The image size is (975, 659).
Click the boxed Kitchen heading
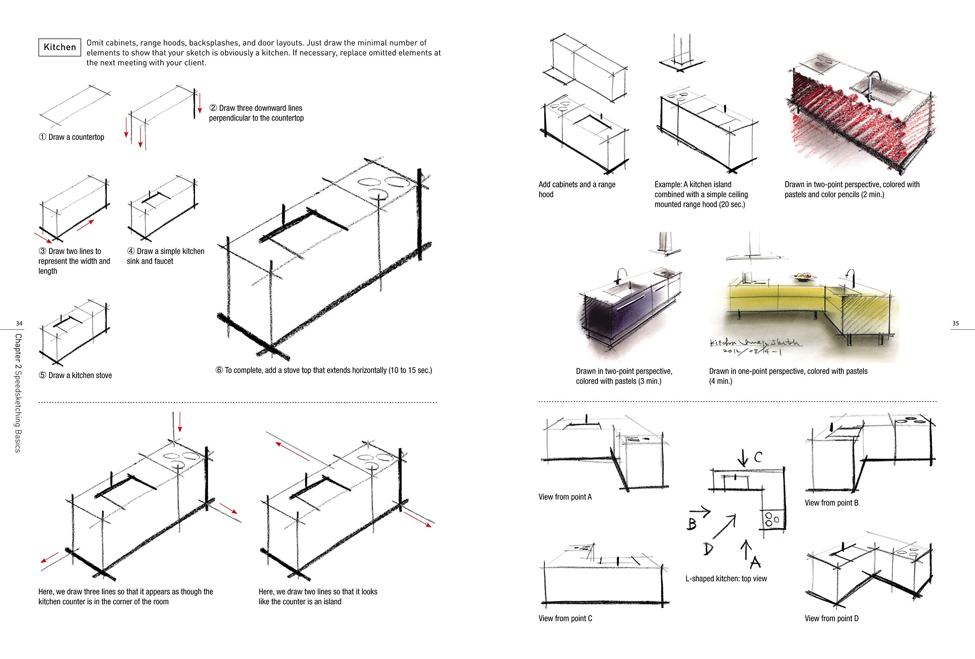pyautogui.click(x=59, y=47)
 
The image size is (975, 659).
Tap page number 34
pyautogui.click(x=19, y=324)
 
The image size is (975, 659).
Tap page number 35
pyautogui.click(x=955, y=324)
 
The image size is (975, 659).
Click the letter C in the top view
pyautogui.click(x=758, y=457)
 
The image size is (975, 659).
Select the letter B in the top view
pyautogui.click(x=692, y=523)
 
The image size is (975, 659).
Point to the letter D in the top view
pyautogui.click(x=708, y=548)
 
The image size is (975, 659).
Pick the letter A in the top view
pyautogui.click(x=756, y=561)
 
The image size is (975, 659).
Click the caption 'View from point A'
pyautogui.click(x=565, y=497)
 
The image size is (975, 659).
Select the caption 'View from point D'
pyautogui.click(x=831, y=618)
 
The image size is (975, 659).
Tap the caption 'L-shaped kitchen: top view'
pyautogui.click(x=726, y=578)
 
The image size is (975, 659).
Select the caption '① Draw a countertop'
pyautogui.click(x=71, y=137)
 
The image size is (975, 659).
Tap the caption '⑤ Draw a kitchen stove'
pyautogui.click(x=75, y=375)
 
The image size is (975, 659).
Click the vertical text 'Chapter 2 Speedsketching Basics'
pyautogui.click(x=18, y=393)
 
